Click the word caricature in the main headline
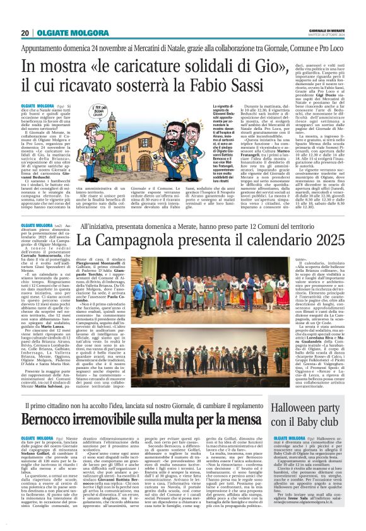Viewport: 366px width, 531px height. click(142, 65)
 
